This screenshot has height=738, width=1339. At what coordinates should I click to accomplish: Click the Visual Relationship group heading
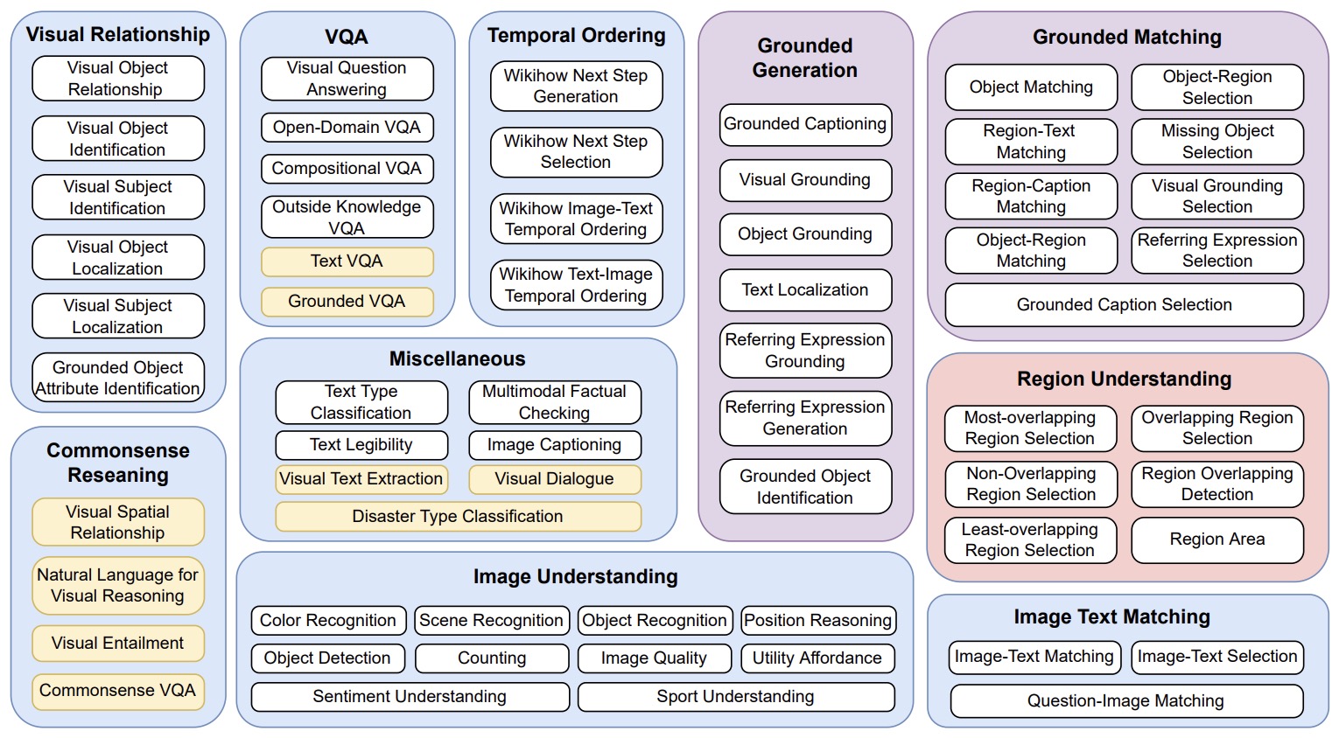118,35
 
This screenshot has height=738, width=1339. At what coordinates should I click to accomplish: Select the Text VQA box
347,261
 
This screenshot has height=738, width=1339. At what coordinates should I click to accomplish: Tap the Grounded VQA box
347,302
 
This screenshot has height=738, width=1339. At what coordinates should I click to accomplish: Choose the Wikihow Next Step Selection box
576,152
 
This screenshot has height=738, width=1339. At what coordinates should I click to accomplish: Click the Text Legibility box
361,445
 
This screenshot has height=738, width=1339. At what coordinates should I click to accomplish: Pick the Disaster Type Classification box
458,517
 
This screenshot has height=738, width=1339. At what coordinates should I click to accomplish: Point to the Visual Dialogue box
554,479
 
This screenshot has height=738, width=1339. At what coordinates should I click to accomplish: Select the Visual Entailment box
118,644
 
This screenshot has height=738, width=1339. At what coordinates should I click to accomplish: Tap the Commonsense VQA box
118,691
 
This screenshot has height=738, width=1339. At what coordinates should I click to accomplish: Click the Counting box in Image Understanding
492,658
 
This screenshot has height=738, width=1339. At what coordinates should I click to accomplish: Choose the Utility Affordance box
817,658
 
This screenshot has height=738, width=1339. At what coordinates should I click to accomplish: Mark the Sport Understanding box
735,697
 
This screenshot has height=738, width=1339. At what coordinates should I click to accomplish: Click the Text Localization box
805,290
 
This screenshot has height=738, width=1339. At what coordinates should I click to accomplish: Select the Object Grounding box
805,234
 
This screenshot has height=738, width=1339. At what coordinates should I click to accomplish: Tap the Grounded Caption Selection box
1124,305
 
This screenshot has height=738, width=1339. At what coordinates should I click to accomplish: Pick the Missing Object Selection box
1217,142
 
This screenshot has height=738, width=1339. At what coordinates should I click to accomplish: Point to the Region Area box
1217,540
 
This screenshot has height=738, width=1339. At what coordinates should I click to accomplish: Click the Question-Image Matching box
1125,701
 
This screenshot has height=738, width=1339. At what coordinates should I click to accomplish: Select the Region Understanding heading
1124,379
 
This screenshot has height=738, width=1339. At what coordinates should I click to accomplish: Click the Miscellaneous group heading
458,359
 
